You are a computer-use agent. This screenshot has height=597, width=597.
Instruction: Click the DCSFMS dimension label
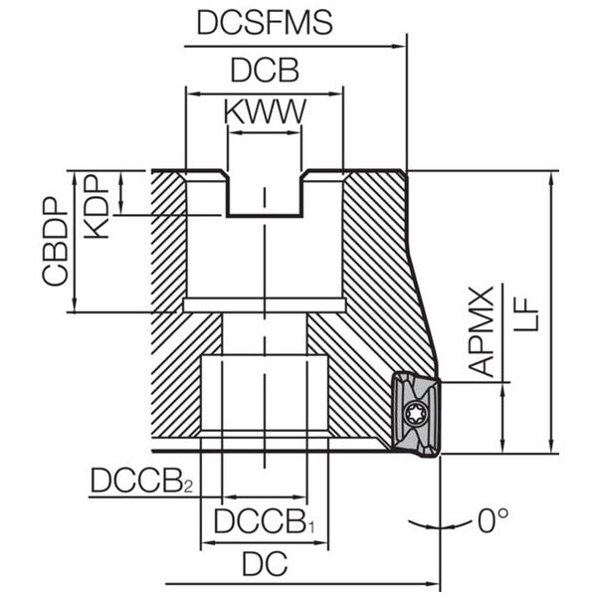265,23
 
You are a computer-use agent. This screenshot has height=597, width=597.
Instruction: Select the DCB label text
265,70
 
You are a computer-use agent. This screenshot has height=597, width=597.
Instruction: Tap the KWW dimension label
265,111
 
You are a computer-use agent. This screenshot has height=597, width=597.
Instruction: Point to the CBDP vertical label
55,242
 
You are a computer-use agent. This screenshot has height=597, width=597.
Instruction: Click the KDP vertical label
96,207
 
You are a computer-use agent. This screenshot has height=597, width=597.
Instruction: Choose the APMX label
481,331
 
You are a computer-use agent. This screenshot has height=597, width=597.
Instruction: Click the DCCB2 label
142,481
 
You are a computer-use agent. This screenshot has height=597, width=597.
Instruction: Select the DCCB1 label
264,521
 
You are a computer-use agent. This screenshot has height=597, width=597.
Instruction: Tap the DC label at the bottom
265,563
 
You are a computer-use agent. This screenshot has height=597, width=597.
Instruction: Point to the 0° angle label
494,520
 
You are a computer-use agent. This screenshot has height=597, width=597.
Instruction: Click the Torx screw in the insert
414,413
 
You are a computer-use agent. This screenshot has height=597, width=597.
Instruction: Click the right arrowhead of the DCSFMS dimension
399,47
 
